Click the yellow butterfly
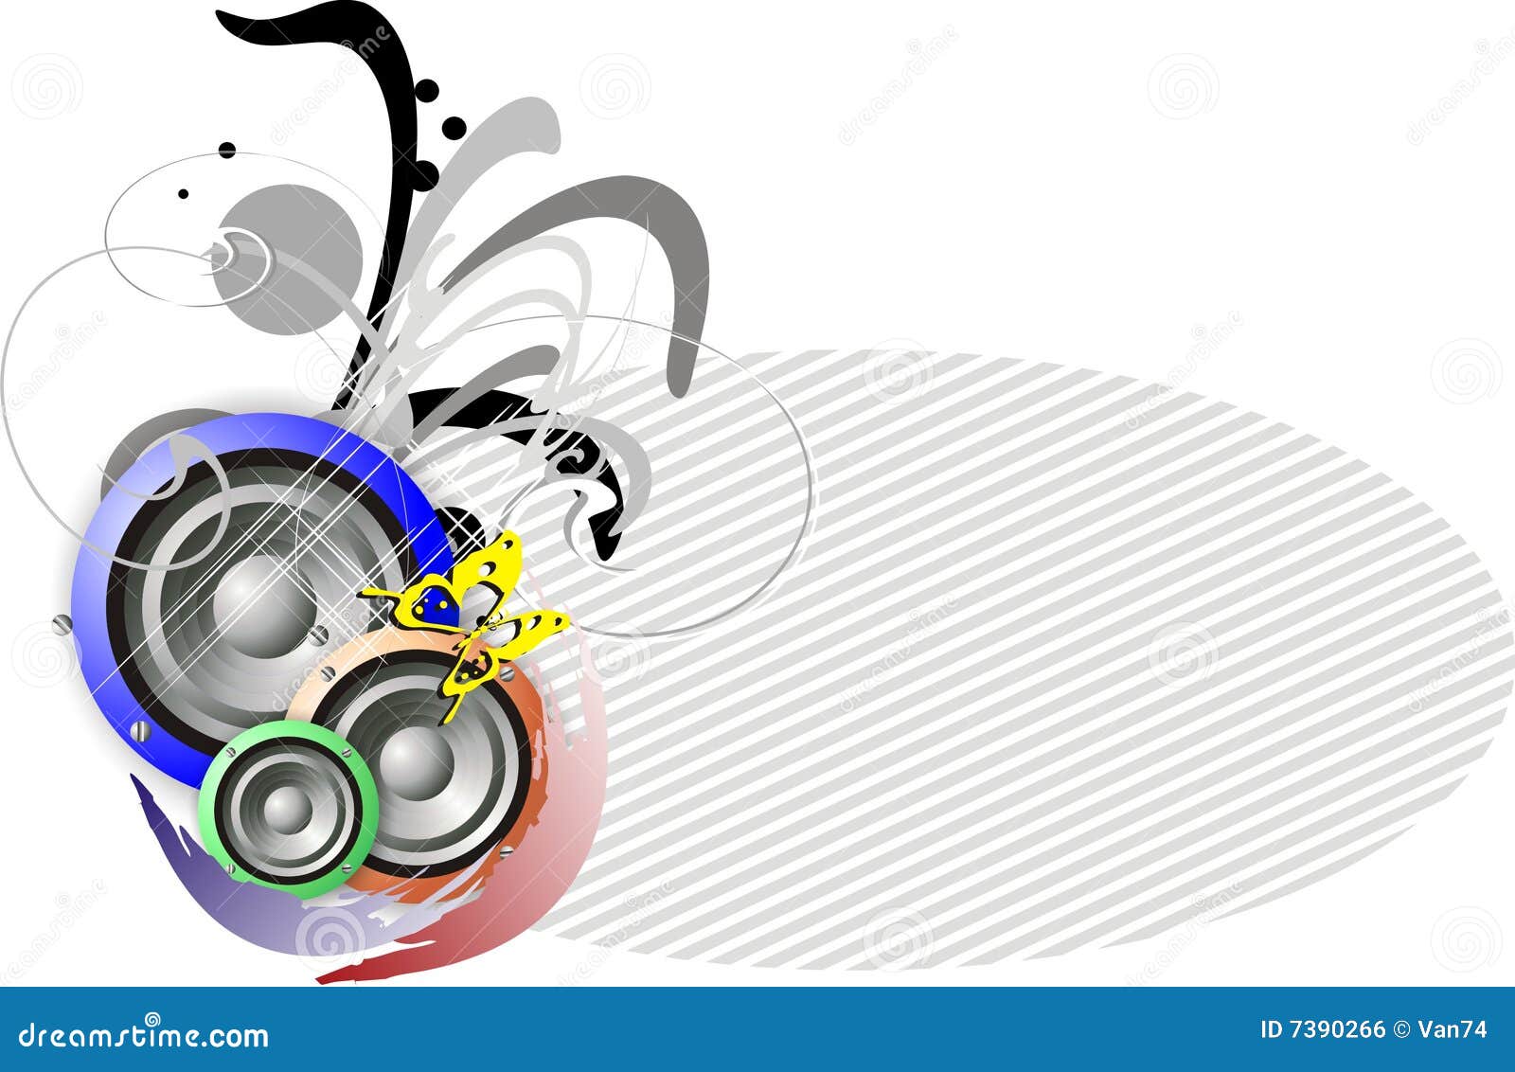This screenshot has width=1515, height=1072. tap(473, 616)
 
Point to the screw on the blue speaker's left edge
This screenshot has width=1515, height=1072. tap(62, 624)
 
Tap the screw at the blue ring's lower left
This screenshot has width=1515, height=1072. tap(141, 731)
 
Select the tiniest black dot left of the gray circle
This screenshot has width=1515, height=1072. tap(183, 193)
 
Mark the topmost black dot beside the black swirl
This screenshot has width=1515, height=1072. tap(427, 91)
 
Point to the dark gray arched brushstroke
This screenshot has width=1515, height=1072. tap(663, 237)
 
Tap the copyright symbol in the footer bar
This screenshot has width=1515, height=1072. tap(1405, 1029)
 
